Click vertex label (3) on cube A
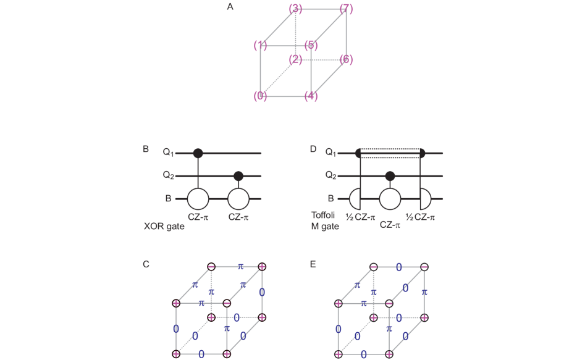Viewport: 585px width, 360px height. [x=295, y=9]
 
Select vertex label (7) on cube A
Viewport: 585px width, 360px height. [x=346, y=9]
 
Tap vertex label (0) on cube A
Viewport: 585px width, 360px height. [x=260, y=96]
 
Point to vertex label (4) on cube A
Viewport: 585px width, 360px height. [x=311, y=96]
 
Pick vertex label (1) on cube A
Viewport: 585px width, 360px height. [x=260, y=45]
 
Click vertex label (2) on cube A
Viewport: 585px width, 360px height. [x=295, y=59]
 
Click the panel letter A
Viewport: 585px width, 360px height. [x=230, y=7]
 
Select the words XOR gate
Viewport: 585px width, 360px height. [x=164, y=227]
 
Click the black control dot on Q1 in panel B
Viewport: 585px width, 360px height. [x=198, y=153]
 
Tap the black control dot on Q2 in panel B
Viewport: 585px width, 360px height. [x=238, y=176]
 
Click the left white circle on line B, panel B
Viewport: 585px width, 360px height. [x=198, y=199]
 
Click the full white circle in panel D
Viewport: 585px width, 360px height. [x=389, y=199]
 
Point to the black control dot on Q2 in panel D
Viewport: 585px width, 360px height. [x=389, y=176]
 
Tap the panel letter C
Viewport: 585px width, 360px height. [x=146, y=264]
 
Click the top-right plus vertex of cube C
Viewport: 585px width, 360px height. [x=262, y=267]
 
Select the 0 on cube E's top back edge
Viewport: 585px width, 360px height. [x=399, y=267]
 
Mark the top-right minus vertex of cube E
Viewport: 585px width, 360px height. [x=424, y=267]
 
